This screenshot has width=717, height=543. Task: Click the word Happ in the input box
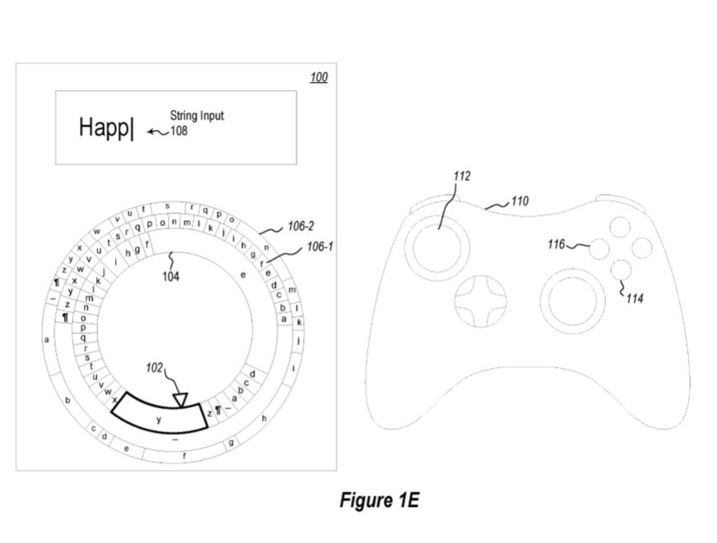pyautogui.click(x=104, y=128)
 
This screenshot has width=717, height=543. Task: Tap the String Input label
pyautogui.click(x=197, y=116)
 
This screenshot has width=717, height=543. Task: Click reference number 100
pyautogui.click(x=318, y=77)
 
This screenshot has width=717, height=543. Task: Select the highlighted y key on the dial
pyautogui.click(x=159, y=418)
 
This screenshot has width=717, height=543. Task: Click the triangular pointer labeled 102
pyautogui.click(x=181, y=399)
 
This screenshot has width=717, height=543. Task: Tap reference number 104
pyautogui.click(x=171, y=277)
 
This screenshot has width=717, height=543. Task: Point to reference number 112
pyautogui.click(x=461, y=176)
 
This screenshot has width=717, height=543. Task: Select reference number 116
pyautogui.click(x=556, y=244)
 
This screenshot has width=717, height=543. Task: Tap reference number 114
pyautogui.click(x=635, y=299)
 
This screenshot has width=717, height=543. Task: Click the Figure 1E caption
pyautogui.click(x=379, y=501)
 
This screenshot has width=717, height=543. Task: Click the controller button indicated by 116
pyautogui.click(x=599, y=249)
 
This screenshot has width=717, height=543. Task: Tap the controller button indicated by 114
pyautogui.click(x=620, y=270)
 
